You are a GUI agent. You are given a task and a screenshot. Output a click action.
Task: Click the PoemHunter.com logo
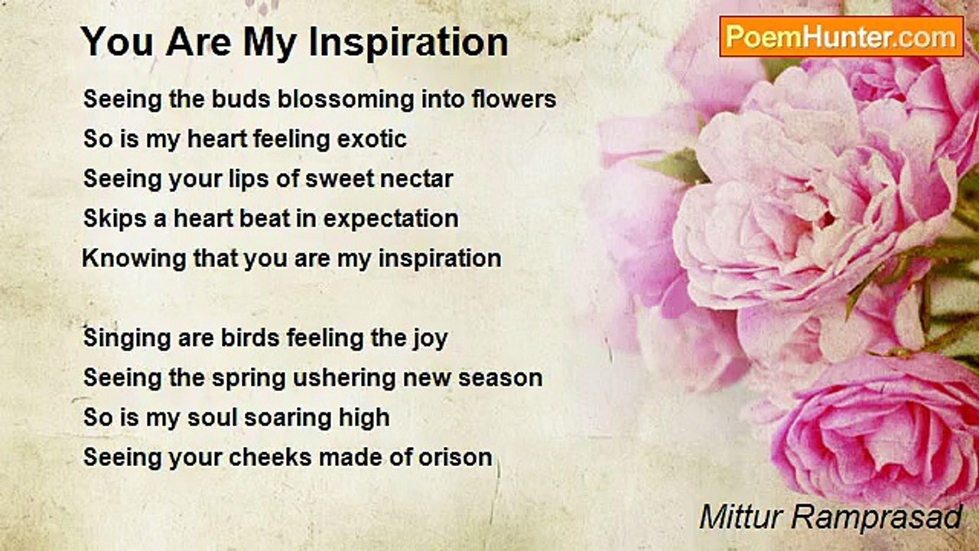tap(841, 37)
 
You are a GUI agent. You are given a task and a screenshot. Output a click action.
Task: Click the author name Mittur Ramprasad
tap(831, 517)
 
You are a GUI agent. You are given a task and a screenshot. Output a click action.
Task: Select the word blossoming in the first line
tap(346, 99)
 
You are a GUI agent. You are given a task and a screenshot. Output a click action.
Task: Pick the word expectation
tap(391, 220)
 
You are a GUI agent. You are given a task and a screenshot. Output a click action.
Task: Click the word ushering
tap(344, 379)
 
